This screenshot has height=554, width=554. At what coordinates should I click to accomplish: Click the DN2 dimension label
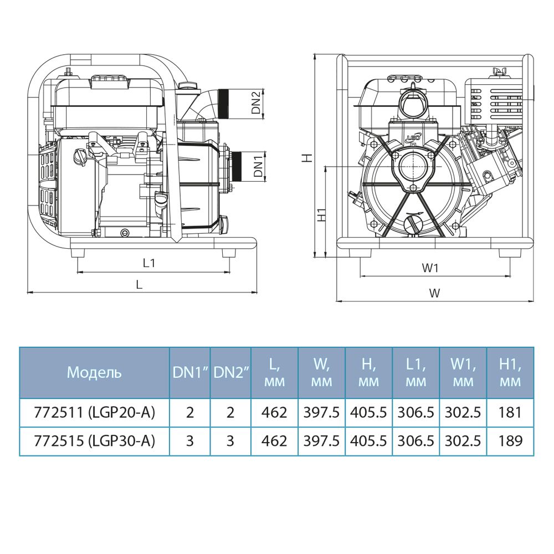point(256,102)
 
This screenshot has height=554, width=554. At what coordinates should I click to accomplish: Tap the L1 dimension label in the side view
point(148,264)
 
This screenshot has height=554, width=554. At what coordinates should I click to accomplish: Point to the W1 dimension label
point(430,268)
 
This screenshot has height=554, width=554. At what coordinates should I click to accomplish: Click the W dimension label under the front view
point(435,294)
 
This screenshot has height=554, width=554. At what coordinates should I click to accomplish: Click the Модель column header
point(94,372)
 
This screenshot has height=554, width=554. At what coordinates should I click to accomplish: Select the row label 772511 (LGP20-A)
point(94,413)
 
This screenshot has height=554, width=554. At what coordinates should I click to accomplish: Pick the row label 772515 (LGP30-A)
point(94,441)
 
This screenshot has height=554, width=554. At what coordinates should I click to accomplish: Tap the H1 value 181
point(510,413)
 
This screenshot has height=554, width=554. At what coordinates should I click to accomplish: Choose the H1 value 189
point(510,441)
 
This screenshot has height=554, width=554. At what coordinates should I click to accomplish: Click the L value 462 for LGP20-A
point(275,413)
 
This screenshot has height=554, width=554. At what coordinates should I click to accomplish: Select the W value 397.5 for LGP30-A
point(321,441)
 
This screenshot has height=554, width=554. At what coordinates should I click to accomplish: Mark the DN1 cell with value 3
point(189,441)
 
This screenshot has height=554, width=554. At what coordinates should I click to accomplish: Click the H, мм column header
point(368,372)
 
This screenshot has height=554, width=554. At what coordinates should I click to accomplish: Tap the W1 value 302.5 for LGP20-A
point(463,413)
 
